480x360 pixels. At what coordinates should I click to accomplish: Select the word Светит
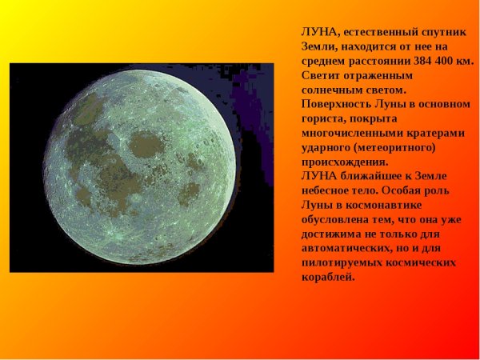(x=319, y=75)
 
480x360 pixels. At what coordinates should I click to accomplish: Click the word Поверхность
(x=335, y=104)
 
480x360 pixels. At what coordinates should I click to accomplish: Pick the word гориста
(x=320, y=118)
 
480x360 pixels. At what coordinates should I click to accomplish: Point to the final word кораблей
(x=327, y=277)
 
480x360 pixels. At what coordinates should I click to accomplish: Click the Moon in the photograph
(x=142, y=168)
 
